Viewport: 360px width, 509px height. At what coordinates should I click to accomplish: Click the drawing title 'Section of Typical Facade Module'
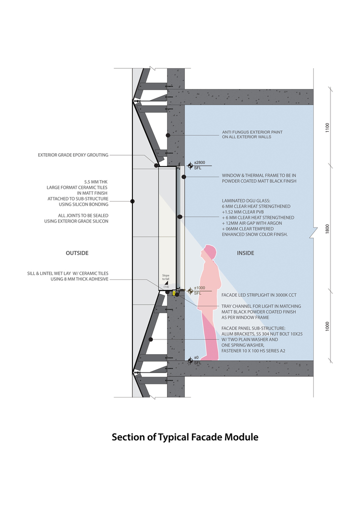(185, 437)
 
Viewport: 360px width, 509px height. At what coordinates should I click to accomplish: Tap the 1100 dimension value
(327, 127)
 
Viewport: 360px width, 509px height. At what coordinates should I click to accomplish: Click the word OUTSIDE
(77, 253)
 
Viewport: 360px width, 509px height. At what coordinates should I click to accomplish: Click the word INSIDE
(245, 253)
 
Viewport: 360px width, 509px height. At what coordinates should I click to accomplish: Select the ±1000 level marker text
(200, 288)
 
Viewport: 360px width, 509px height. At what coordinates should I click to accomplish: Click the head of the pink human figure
(209, 253)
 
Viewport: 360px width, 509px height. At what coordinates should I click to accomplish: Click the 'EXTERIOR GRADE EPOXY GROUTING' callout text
(73, 155)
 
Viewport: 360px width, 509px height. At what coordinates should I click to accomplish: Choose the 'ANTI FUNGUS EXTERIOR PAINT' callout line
(252, 132)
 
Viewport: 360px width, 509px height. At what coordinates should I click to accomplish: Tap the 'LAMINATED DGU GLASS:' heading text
(246, 201)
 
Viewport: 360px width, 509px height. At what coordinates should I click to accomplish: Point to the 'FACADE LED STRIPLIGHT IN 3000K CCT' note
(259, 295)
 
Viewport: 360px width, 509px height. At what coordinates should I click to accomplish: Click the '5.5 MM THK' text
(96, 182)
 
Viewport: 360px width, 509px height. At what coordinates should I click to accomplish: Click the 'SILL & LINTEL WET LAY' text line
(68, 273)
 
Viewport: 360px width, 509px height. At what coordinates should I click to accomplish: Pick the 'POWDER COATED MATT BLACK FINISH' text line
(259, 181)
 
